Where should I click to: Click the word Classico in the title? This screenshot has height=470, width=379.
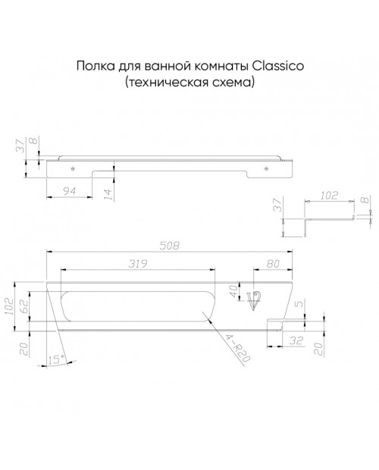[x=277, y=66]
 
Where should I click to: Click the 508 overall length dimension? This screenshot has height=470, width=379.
[x=169, y=246]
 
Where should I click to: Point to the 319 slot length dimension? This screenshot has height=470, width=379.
[x=138, y=264]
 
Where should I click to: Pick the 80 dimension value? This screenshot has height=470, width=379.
[x=273, y=264]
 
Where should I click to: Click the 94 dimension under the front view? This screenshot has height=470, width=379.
[x=69, y=191]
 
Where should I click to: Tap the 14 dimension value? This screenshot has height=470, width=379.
[x=108, y=194]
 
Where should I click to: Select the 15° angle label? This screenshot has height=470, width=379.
[x=56, y=359]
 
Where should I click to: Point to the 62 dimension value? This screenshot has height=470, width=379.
[x=24, y=305]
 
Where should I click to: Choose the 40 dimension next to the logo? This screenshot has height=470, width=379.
[x=233, y=291]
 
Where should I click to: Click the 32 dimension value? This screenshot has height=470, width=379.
[x=296, y=340]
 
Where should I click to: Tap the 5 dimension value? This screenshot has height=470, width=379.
[x=299, y=304]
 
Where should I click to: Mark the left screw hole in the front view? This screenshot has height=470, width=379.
[x=73, y=169]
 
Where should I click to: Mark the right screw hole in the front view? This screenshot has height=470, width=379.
[x=266, y=169]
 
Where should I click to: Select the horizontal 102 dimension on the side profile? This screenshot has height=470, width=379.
[x=329, y=196]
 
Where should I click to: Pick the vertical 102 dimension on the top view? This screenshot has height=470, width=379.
[x=10, y=306]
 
